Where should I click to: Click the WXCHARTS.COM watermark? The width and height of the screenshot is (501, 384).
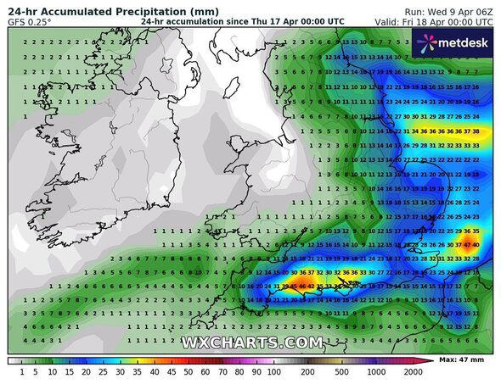pyautogui.click(x=251, y=342)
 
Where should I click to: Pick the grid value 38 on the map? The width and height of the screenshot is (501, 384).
pyautogui.click(x=476, y=131)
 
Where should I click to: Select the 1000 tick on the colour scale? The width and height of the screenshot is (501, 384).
pyautogui.click(x=374, y=371)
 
